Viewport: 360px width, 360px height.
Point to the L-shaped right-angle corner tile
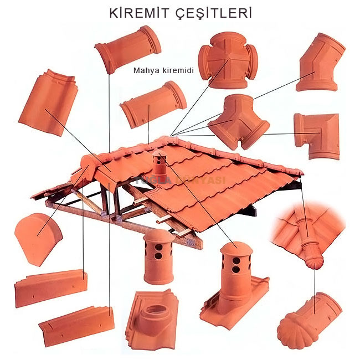click(316, 135)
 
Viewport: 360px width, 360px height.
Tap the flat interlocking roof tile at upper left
click(48, 102)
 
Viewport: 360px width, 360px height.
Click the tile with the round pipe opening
click(152, 318)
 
